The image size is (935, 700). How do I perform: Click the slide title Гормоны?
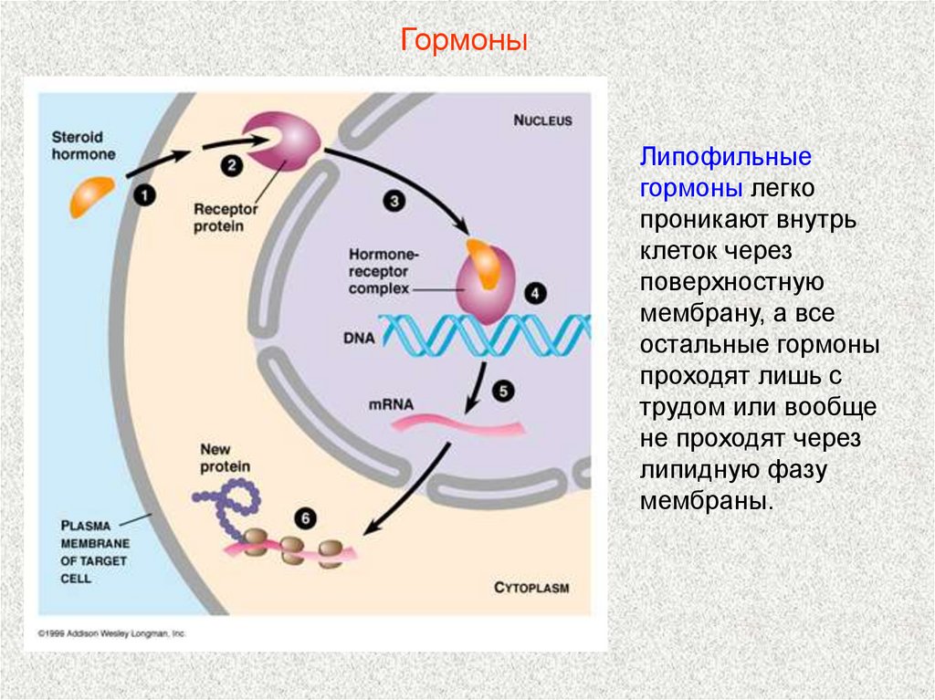pos(465,42)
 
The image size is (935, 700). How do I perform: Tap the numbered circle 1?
pos(145,193)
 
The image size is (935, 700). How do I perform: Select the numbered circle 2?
pos(231,165)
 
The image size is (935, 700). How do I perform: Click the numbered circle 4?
pos(534,294)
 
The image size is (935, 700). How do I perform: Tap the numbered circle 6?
pos(305,518)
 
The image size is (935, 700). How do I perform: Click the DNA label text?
pos(358,337)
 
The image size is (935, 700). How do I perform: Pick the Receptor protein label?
pos(218,216)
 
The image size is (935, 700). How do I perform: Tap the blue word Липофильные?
pos(725,156)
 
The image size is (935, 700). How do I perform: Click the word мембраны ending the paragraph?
pos(705,501)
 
